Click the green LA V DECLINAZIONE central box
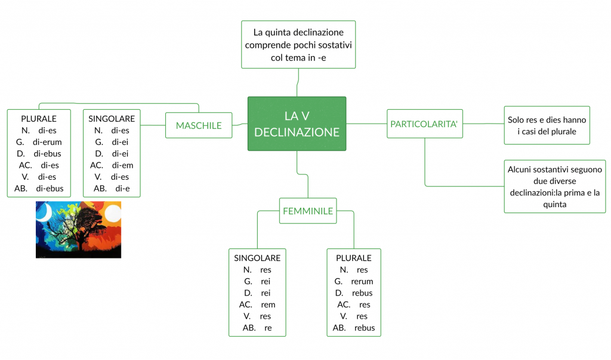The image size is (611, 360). click(x=297, y=124)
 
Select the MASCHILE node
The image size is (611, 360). click(x=199, y=125)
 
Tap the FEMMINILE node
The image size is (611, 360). click(x=308, y=211)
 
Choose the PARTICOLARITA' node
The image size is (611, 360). click(x=424, y=124)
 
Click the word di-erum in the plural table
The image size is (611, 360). click(x=47, y=142)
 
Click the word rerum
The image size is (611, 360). click(x=362, y=281)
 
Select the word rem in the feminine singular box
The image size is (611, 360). click(x=268, y=304)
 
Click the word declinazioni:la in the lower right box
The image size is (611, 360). click(x=537, y=193)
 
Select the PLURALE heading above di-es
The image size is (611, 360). click(x=39, y=119)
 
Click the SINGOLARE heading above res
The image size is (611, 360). click(x=257, y=258)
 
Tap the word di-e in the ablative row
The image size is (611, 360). click(x=123, y=189)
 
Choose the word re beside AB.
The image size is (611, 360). click(x=268, y=328)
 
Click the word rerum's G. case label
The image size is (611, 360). click(x=338, y=281)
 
